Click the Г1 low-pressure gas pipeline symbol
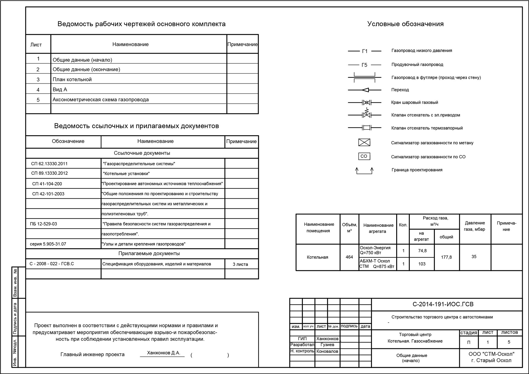tap(365, 51)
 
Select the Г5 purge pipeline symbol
tap(365, 65)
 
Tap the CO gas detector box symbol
tap(364, 156)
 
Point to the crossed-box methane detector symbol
tap(364, 143)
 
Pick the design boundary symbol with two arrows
tap(364, 171)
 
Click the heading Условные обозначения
tap(405, 24)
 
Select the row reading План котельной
tap(72, 80)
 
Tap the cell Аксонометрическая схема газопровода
tap(101, 100)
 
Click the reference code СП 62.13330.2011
tap(49, 164)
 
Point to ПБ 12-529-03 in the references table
tap(44, 224)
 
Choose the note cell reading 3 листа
tap(240, 264)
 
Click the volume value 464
tap(349, 257)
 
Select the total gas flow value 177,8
tap(446, 257)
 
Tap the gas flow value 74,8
tap(422, 251)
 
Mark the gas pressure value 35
tap(474, 256)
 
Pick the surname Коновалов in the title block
tap(327, 351)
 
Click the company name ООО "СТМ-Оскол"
tap(491, 354)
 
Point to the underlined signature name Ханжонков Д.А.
tap(164, 353)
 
